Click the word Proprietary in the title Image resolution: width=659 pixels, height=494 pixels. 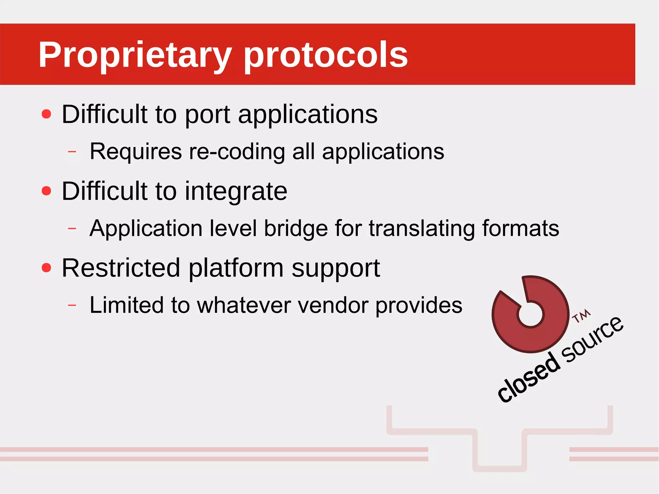click(x=135, y=55)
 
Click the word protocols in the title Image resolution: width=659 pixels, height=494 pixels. click(x=326, y=55)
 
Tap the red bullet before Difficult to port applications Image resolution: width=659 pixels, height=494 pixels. click(x=47, y=114)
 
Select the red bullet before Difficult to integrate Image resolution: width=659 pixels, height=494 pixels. click(x=47, y=191)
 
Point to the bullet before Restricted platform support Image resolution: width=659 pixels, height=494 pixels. click(x=47, y=267)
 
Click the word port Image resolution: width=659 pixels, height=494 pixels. click(x=208, y=115)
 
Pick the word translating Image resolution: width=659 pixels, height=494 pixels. click(x=422, y=228)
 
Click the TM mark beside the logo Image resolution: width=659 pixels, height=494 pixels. click(x=581, y=316)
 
